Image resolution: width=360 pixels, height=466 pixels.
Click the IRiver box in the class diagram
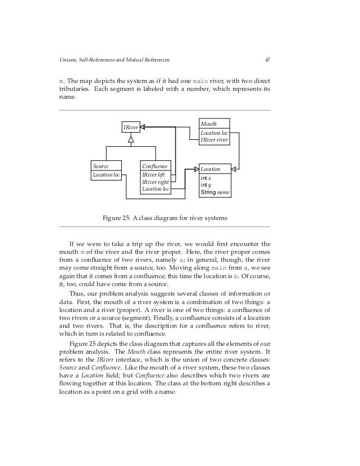click(x=131, y=128)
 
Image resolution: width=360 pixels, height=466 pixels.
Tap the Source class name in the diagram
click(x=101, y=166)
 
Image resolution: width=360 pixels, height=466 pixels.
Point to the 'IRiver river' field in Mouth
click(x=214, y=139)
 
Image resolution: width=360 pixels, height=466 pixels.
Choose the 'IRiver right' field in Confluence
click(x=155, y=182)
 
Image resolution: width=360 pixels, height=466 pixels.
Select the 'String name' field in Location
click(x=215, y=192)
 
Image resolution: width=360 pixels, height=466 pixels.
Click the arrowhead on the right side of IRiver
click(x=143, y=128)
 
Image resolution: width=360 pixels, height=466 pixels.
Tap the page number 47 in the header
click(x=267, y=60)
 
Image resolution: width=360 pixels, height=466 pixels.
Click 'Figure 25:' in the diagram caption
click(x=116, y=218)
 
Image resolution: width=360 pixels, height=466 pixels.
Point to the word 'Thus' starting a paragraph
click(x=76, y=293)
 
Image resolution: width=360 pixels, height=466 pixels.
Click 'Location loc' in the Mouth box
click(x=214, y=132)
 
